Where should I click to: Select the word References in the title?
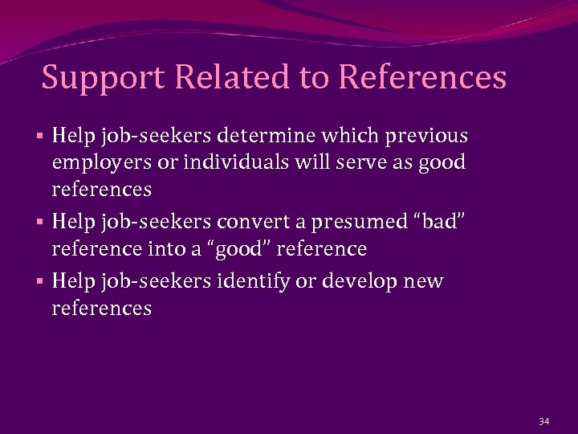(x=423, y=78)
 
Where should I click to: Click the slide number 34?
(x=544, y=420)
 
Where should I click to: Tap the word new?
(x=425, y=281)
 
